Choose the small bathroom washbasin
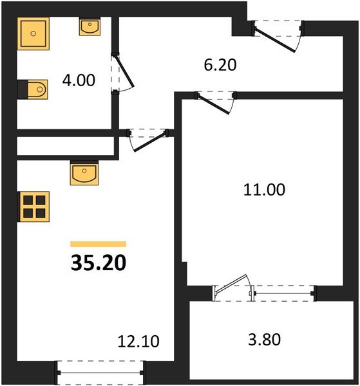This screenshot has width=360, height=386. tap(89, 27)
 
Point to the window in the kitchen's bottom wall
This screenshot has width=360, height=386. tap(100, 370)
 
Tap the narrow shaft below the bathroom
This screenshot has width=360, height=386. tap(64, 147)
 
